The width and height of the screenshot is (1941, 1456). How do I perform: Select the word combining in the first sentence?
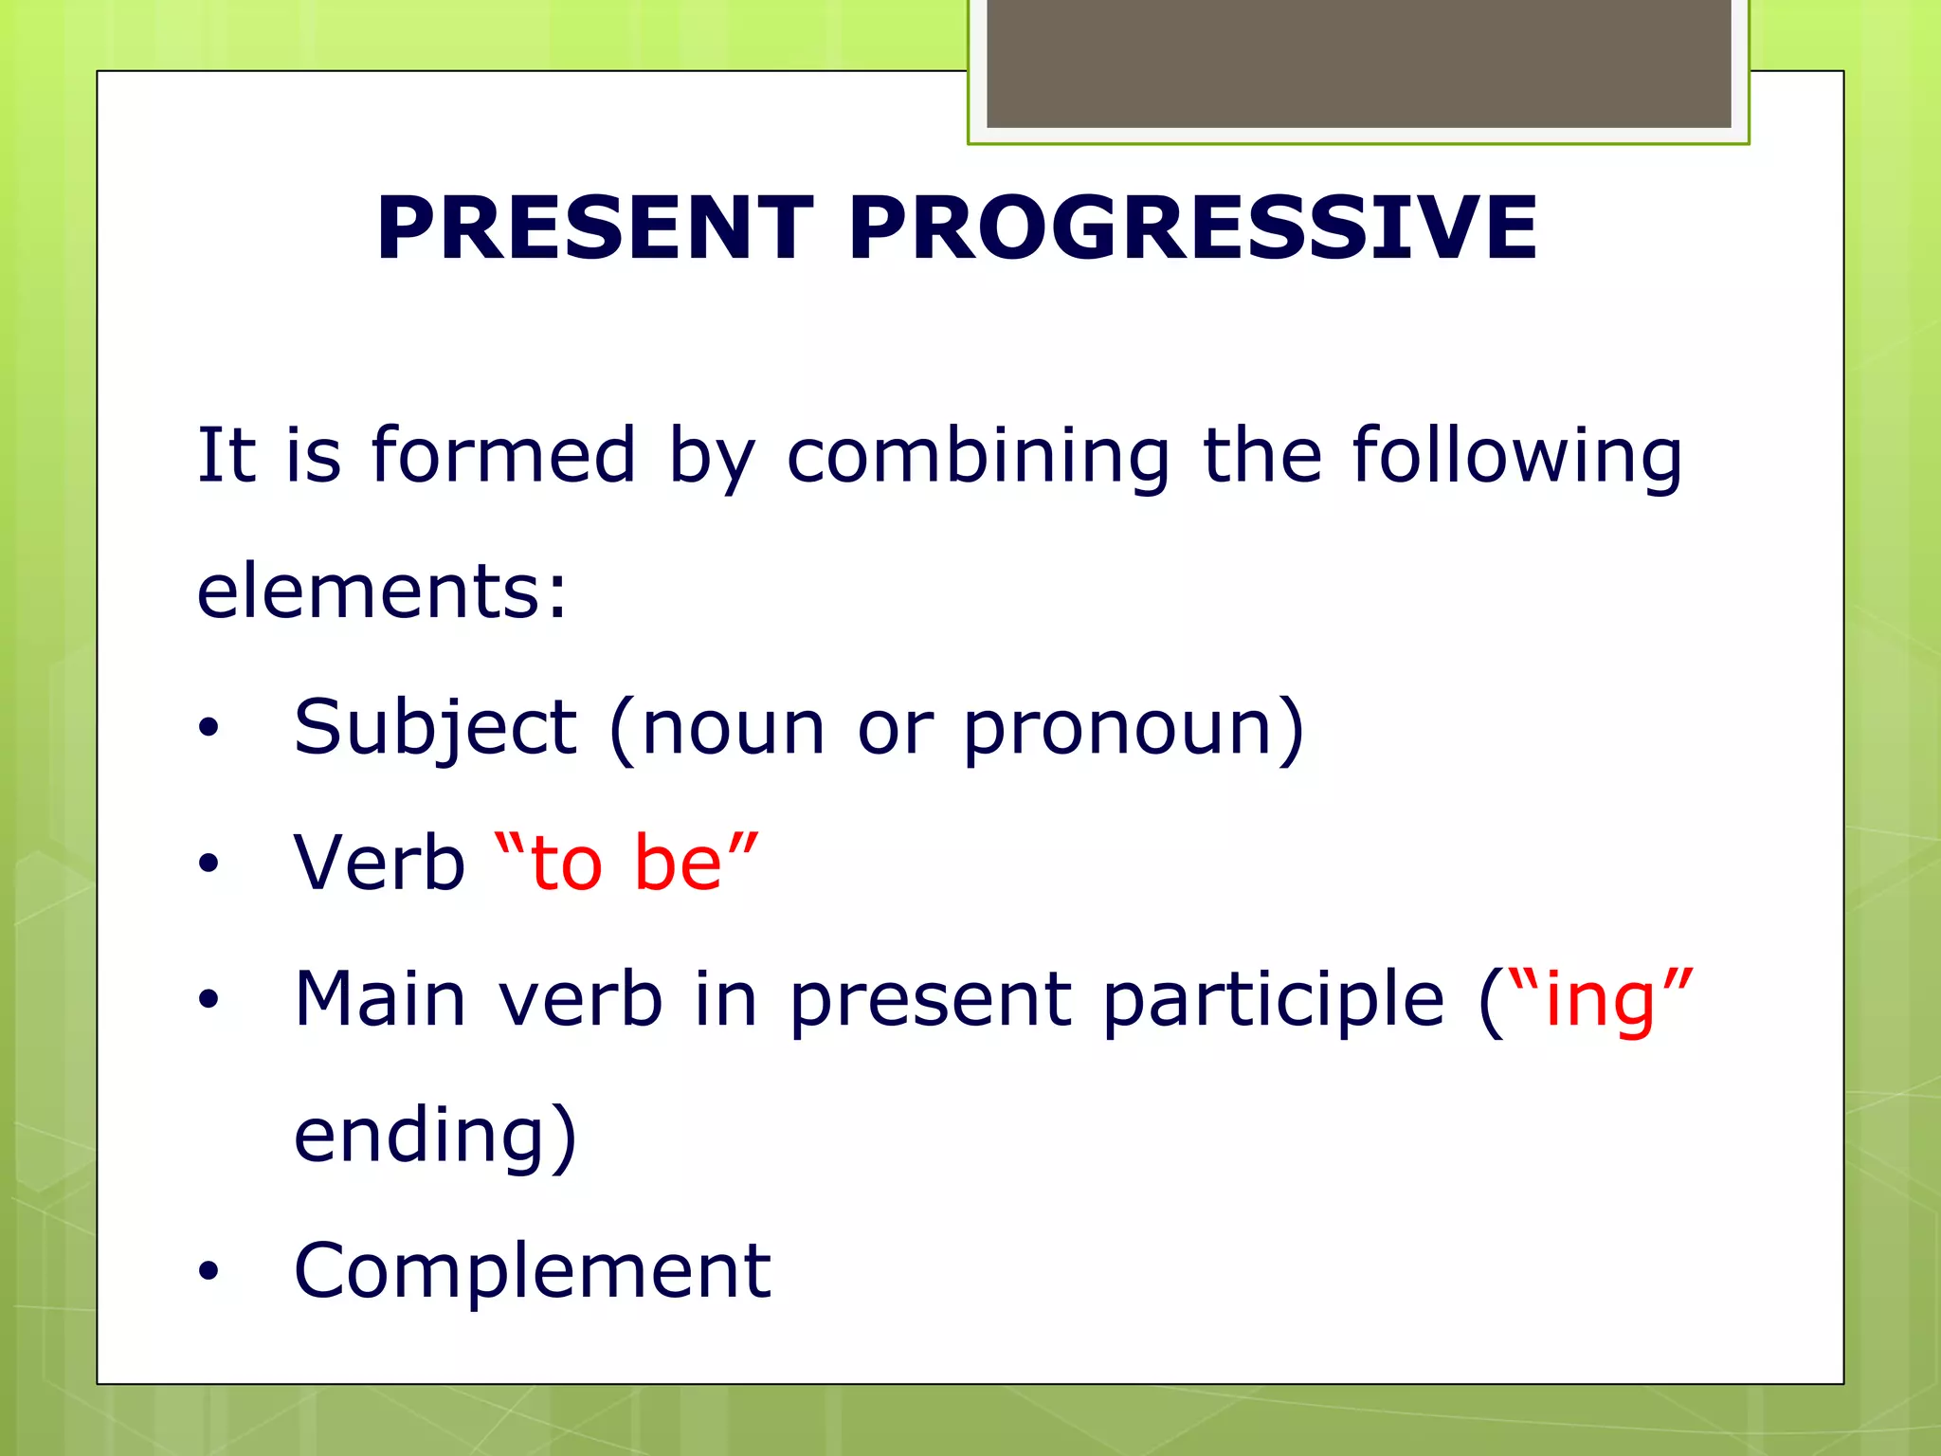pos(978,456)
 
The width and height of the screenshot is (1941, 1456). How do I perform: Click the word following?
pos(1516,456)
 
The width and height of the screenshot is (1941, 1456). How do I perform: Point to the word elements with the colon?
pos(382,591)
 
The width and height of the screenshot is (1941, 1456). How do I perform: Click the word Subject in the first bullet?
pos(435,728)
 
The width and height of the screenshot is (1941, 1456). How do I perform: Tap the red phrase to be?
pos(626,864)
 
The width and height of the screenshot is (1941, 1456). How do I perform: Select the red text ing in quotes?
pos(1599,999)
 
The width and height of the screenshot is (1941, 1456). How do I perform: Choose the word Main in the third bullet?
pos(380,999)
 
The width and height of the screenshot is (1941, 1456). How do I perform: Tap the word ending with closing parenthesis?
pos(435,1136)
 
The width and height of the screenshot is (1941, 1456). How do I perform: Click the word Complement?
pos(533,1271)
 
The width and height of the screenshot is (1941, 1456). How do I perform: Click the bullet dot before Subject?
pos(209,729)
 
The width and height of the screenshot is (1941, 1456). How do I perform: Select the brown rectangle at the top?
pos(1358,63)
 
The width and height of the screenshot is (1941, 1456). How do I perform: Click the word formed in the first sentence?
pos(503,456)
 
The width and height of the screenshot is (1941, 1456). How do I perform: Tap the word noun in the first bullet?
pos(733,728)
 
